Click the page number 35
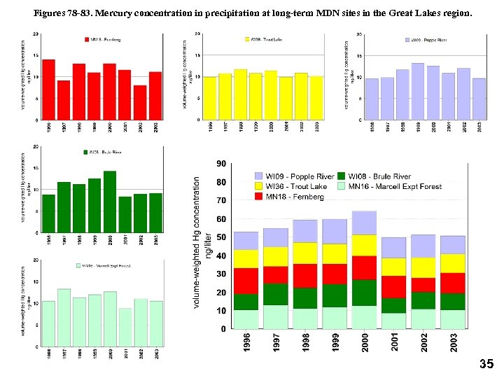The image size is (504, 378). pyautogui.click(x=486, y=364)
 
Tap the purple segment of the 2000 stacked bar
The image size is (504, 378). pyautogui.click(x=364, y=223)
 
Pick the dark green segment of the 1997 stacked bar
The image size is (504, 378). pyautogui.click(x=275, y=294)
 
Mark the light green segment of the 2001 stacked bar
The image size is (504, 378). pyautogui.click(x=393, y=321)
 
